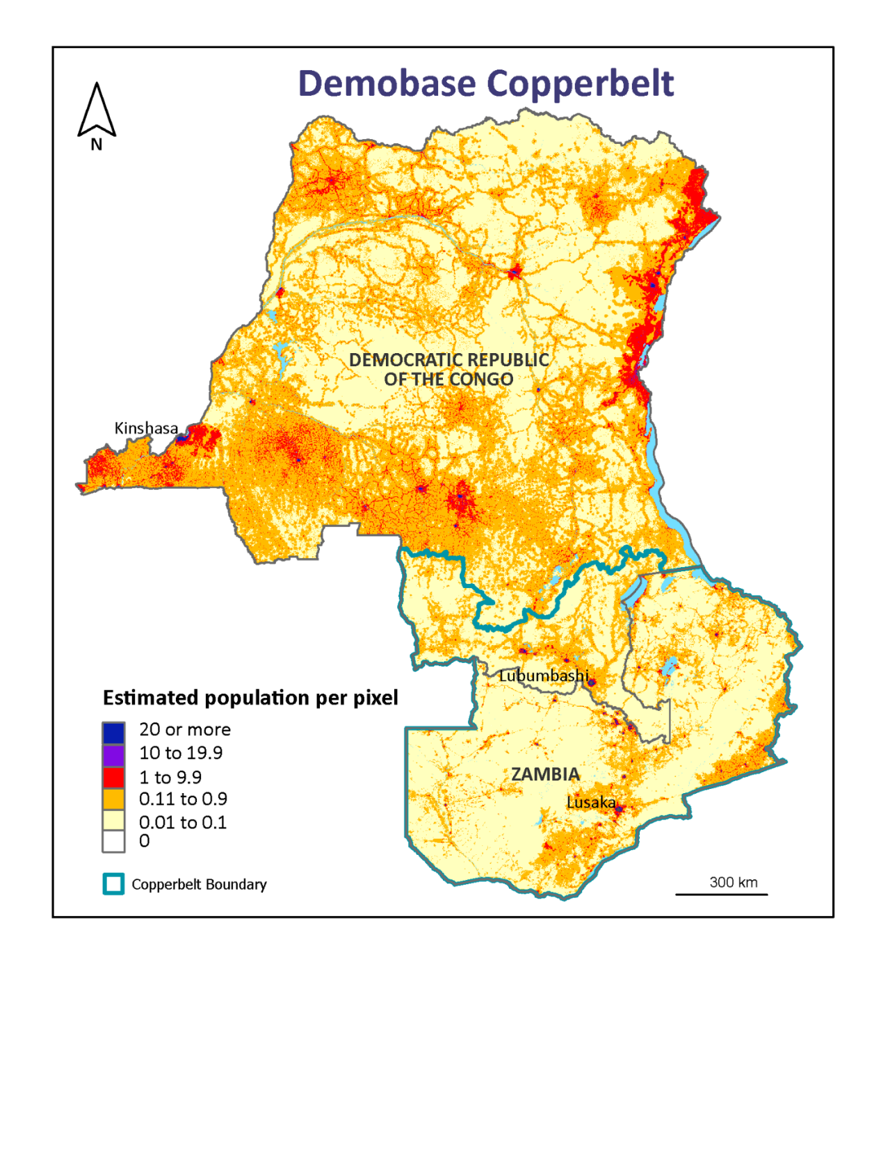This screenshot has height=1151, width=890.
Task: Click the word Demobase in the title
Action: (x=387, y=83)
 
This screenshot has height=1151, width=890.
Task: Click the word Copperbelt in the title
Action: (x=580, y=85)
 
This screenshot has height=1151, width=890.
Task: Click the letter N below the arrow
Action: (x=97, y=145)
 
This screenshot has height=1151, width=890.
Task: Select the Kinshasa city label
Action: (x=146, y=428)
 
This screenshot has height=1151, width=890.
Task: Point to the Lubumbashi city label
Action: (x=544, y=676)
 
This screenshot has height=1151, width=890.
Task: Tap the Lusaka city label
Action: (x=591, y=803)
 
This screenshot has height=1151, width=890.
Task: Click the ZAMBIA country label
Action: (x=545, y=774)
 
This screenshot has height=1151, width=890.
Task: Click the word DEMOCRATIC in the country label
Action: (x=400, y=360)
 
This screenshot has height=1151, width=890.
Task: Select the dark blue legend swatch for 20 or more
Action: (x=113, y=733)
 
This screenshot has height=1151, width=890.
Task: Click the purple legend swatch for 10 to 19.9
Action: (x=113, y=755)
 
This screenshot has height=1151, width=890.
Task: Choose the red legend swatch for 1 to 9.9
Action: (x=113, y=777)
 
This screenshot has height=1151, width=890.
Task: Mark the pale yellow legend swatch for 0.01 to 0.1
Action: (x=113, y=820)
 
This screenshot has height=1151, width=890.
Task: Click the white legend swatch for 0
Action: (x=113, y=842)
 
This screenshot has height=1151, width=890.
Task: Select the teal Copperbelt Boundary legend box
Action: (x=113, y=884)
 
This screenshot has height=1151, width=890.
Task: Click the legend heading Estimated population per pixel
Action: (x=250, y=698)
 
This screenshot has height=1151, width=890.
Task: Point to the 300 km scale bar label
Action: (x=733, y=883)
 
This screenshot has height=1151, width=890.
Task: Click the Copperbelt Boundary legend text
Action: (x=199, y=885)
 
